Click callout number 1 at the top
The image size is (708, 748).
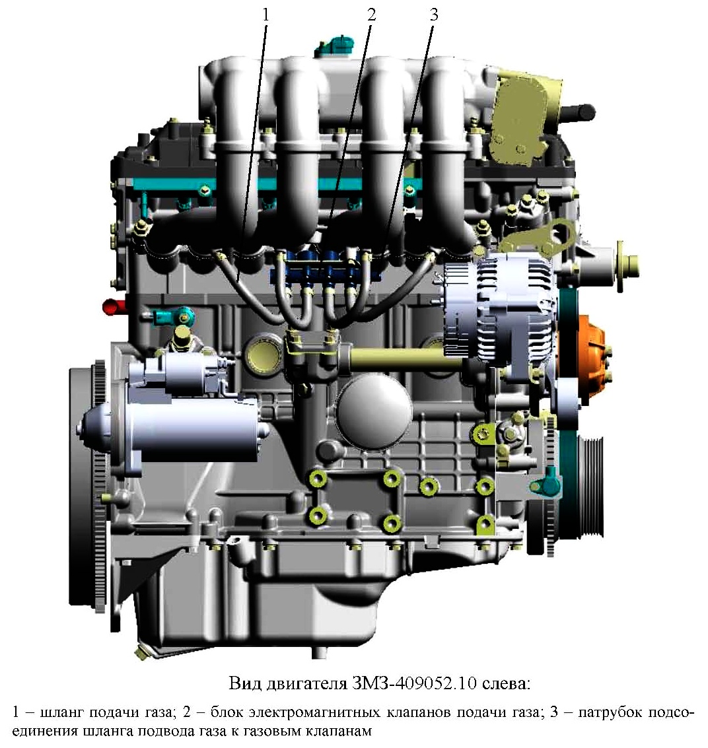click(x=266, y=15)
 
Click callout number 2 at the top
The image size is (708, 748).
click(x=372, y=15)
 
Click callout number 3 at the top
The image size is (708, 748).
click(x=434, y=15)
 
